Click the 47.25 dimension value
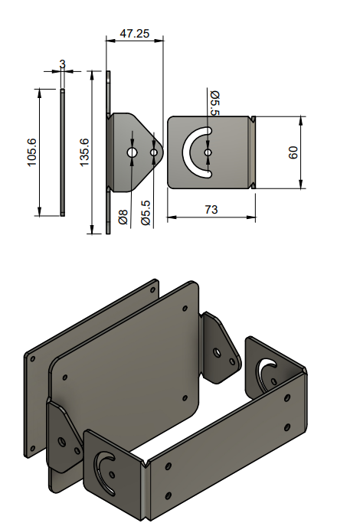(x=134, y=34)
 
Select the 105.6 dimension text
(x=31, y=153)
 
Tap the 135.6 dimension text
(x=85, y=152)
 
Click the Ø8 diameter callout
(x=123, y=217)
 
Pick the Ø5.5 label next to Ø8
(x=146, y=214)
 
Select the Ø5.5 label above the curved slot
(x=215, y=103)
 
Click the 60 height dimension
(x=293, y=152)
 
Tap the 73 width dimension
(x=211, y=209)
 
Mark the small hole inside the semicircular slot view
(x=208, y=153)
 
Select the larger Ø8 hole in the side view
(x=132, y=153)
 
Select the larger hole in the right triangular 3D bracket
(x=218, y=354)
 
